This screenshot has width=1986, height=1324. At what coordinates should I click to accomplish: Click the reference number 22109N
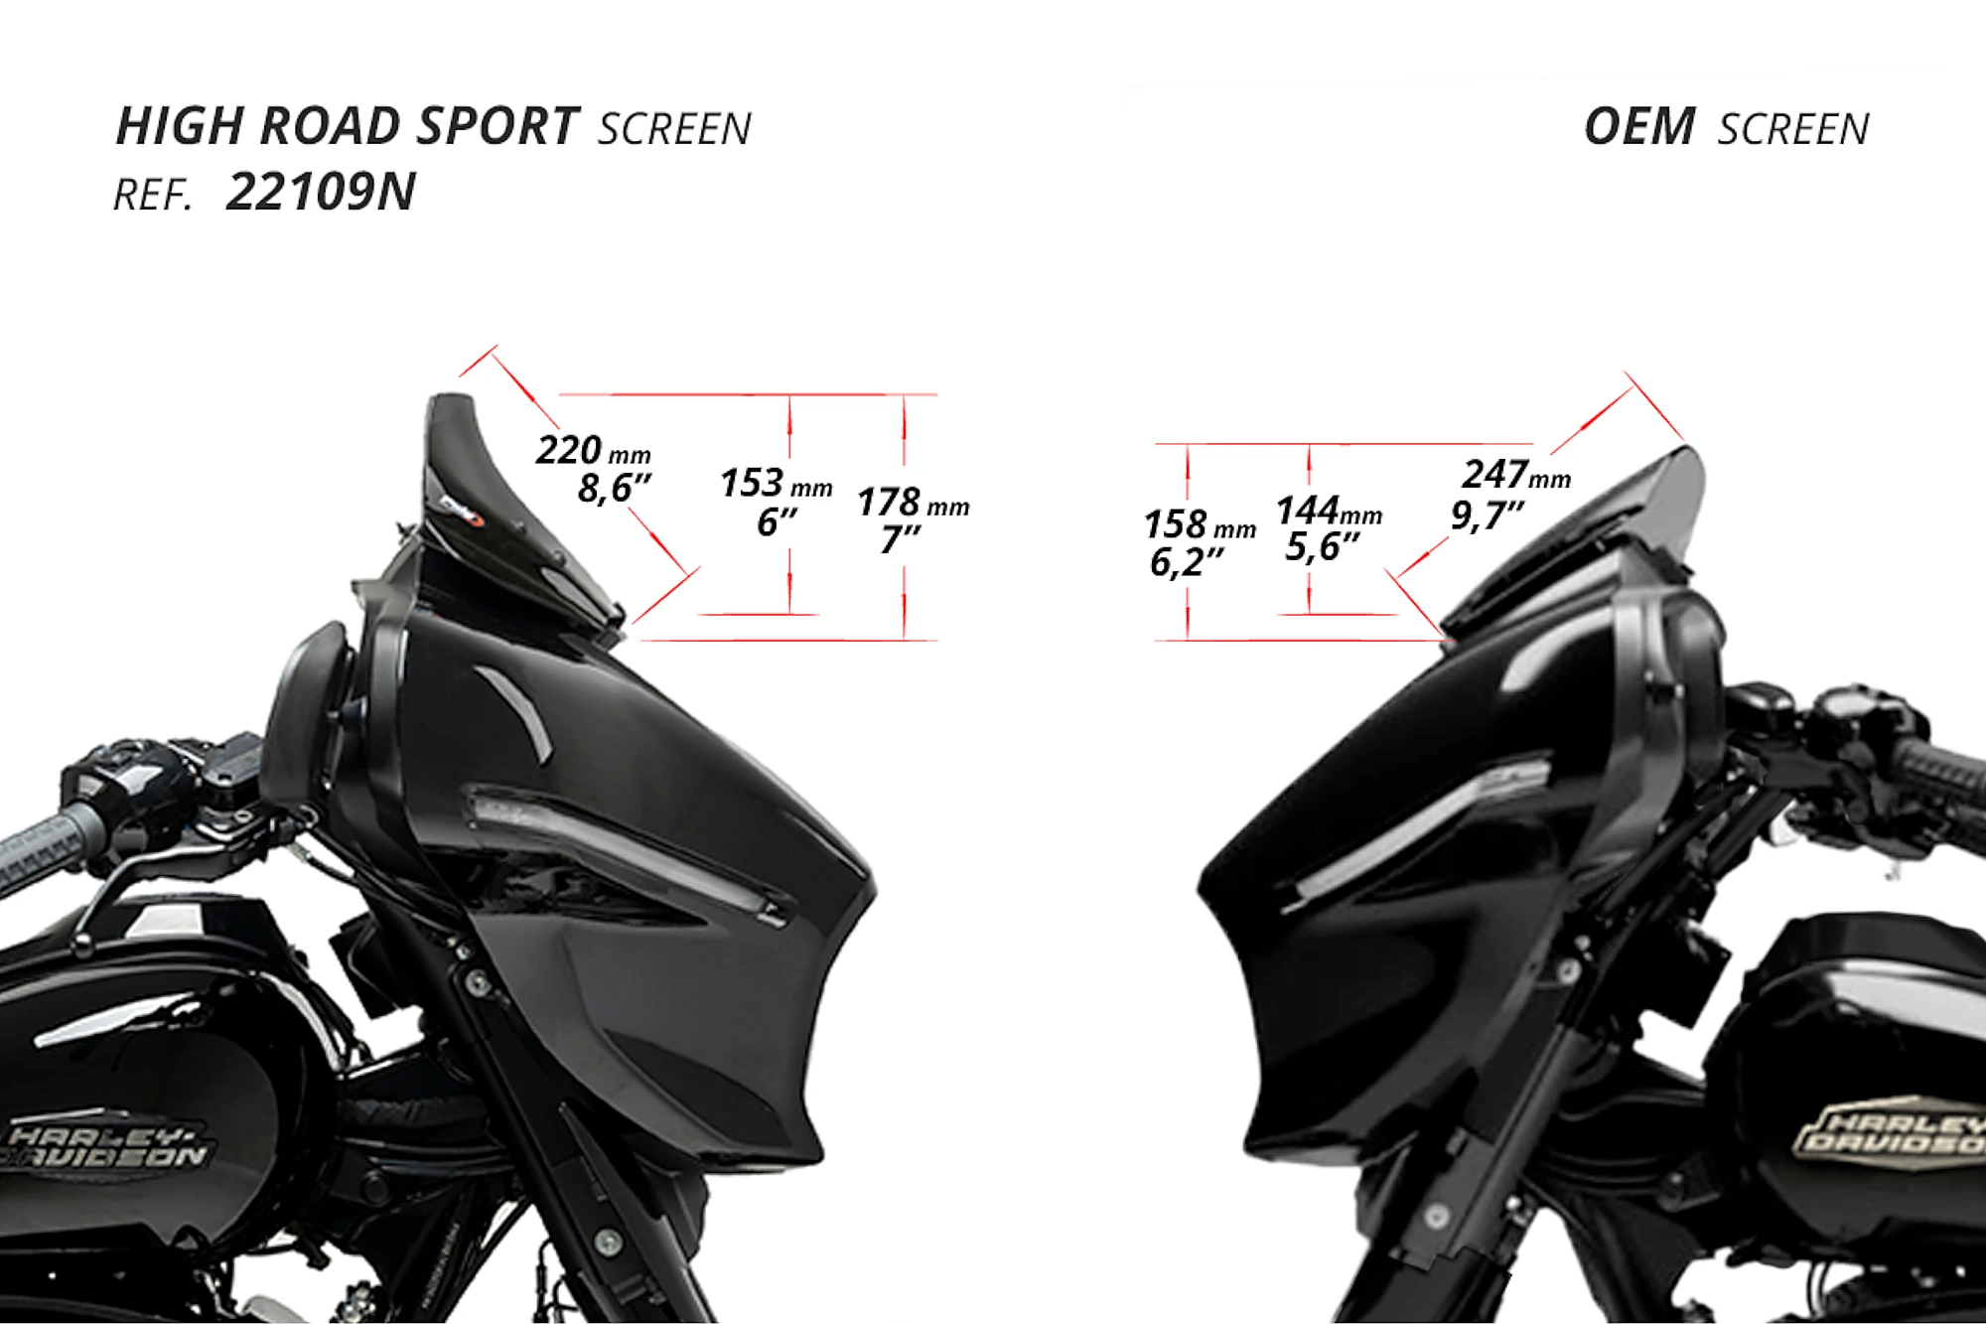[321, 192]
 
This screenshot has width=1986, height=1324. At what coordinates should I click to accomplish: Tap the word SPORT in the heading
[497, 126]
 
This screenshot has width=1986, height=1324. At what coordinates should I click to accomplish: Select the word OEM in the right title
[1639, 127]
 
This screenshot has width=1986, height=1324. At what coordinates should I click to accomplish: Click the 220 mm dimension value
[593, 451]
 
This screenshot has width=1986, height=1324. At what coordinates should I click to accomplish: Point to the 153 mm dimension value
[777, 484]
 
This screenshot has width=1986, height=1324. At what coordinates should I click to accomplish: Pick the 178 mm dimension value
[913, 503]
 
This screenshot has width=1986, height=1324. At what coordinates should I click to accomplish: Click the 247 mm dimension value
[1516, 475]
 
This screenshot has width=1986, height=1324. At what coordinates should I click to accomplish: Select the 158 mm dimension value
[1200, 524]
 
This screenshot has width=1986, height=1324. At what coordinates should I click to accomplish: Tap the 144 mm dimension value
[1329, 511]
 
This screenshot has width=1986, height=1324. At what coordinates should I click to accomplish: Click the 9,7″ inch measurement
[1487, 515]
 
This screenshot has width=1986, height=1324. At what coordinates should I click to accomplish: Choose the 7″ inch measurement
[901, 540]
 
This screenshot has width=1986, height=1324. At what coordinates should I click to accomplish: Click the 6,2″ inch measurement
[1186, 563]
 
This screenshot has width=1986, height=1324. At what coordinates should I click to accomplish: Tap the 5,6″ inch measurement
[1322, 547]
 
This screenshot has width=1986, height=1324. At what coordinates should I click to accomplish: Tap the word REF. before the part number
[152, 196]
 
